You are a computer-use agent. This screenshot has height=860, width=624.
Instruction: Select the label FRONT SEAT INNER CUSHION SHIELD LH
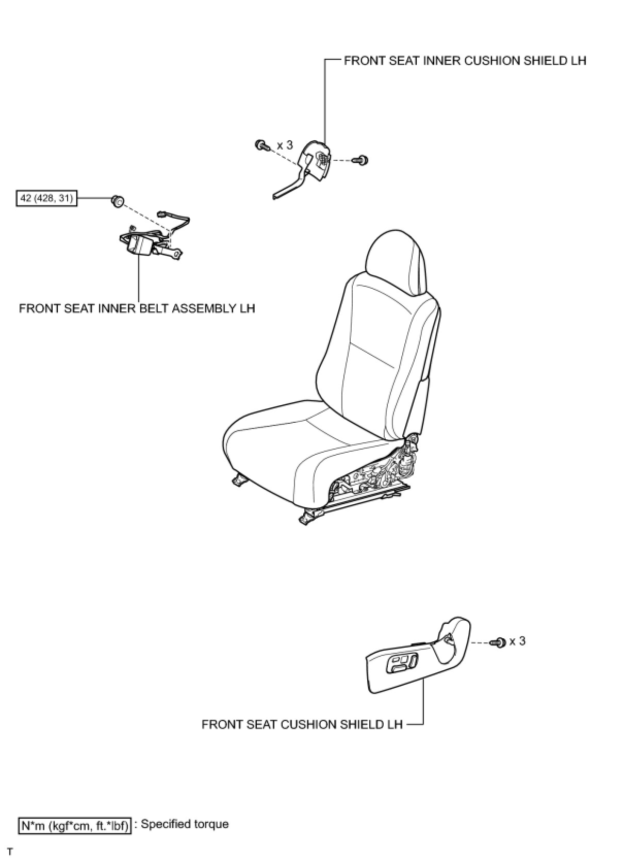[x=465, y=61]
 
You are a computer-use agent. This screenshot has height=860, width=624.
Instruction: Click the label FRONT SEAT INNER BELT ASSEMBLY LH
[x=137, y=308]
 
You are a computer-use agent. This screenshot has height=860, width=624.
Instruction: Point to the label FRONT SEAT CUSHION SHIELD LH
[x=302, y=724]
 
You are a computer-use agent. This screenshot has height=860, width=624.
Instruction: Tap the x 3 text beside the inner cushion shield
[x=285, y=145]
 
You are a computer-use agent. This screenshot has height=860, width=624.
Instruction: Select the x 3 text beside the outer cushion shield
[x=517, y=641]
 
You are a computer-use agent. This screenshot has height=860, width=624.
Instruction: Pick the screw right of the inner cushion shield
[x=361, y=160]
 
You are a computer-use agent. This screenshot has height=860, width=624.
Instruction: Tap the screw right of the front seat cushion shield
[x=499, y=642]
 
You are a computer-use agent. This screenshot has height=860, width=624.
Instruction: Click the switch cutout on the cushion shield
[x=402, y=663]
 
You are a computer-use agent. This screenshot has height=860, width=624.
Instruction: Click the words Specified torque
[x=184, y=824]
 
